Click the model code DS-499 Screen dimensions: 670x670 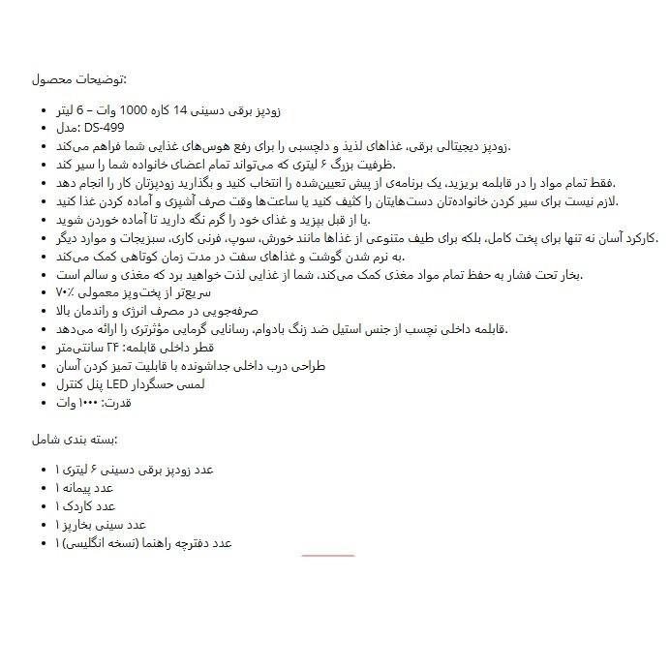pos(104,128)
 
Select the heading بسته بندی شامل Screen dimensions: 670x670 pos(76,439)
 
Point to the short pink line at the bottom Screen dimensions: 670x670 pos(328,556)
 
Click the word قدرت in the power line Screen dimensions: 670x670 pos(115,402)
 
